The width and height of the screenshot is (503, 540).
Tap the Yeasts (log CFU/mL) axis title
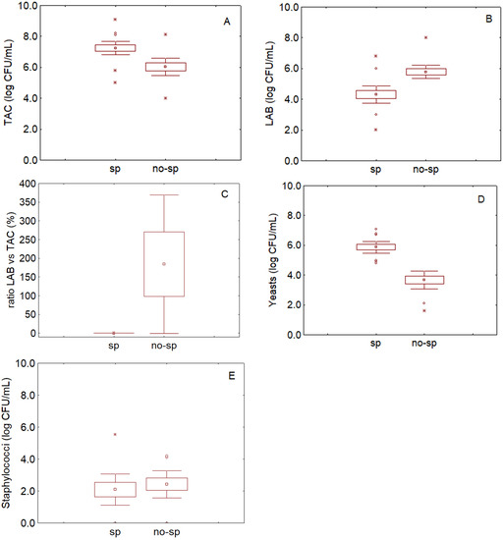(268, 259)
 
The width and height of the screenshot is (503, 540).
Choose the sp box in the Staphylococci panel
(115, 489)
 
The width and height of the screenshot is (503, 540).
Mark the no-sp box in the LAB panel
(424, 72)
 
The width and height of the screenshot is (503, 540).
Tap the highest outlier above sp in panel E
(115, 434)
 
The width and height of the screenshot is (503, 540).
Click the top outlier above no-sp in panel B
(424, 38)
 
